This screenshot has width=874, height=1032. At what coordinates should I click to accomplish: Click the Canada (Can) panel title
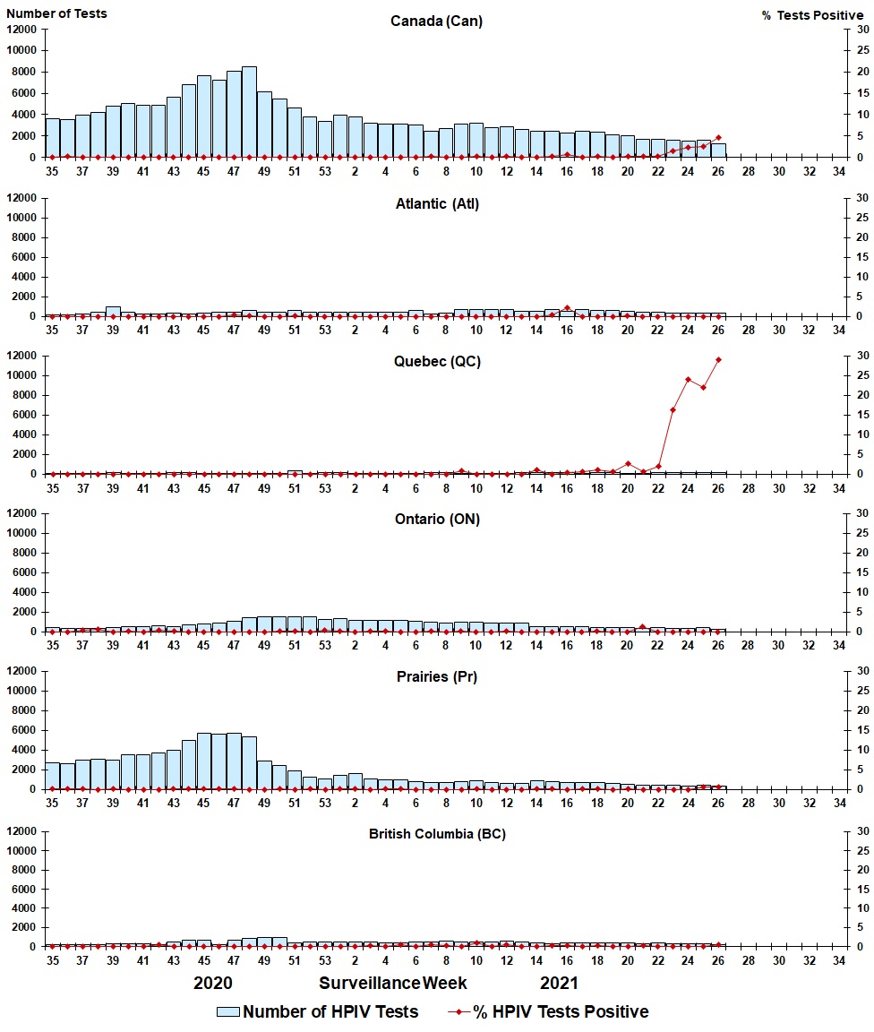click(436, 21)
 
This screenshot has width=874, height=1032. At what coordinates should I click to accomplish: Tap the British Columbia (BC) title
click(437, 834)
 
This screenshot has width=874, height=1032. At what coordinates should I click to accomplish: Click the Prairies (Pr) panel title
click(436, 676)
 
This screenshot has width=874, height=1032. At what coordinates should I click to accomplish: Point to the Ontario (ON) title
click(436, 520)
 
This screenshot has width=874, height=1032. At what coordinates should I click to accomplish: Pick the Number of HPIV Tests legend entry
click(317, 1011)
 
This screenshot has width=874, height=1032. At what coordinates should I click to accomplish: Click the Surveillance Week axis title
click(393, 983)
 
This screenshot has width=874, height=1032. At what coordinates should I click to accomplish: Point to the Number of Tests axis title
click(56, 13)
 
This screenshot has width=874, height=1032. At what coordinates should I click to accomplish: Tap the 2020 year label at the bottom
click(213, 983)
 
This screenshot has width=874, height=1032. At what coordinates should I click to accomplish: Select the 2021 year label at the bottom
click(559, 983)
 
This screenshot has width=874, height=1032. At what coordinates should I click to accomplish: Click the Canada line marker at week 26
click(718, 138)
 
